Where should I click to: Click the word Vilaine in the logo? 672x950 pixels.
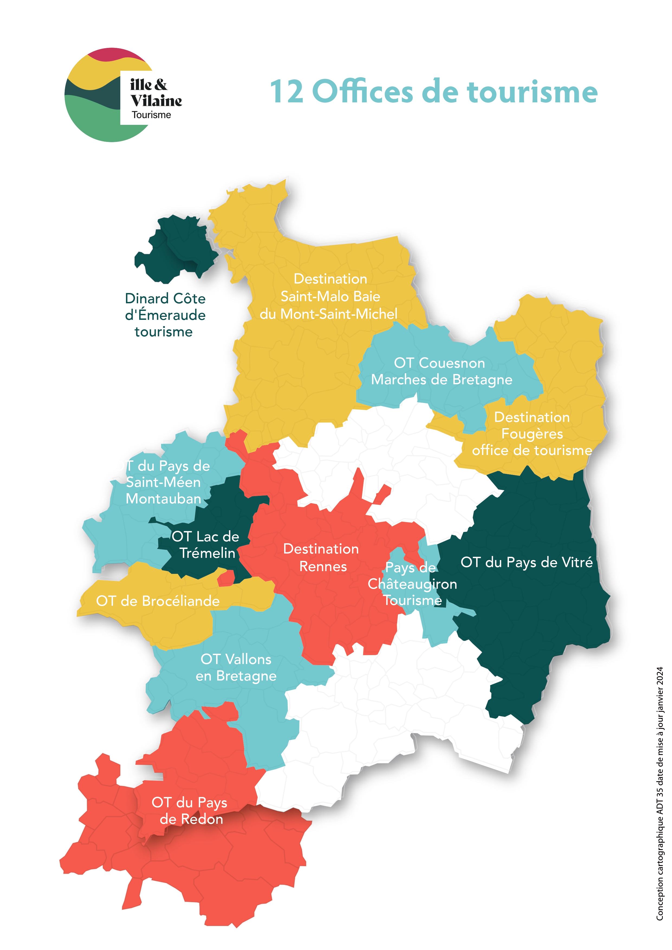[x=156, y=100]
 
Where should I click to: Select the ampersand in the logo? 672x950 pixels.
[x=161, y=84]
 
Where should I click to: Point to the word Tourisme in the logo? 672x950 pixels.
[x=151, y=115]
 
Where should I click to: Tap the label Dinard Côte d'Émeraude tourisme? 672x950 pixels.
[x=165, y=315]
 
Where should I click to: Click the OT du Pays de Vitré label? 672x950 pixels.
[x=526, y=562]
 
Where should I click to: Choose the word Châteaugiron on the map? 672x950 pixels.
[x=412, y=584]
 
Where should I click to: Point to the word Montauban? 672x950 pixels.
[x=163, y=499]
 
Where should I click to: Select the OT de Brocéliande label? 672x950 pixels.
[x=158, y=601]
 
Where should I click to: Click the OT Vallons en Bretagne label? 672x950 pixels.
[x=236, y=667]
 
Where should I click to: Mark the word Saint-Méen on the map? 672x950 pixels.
[x=163, y=482]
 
